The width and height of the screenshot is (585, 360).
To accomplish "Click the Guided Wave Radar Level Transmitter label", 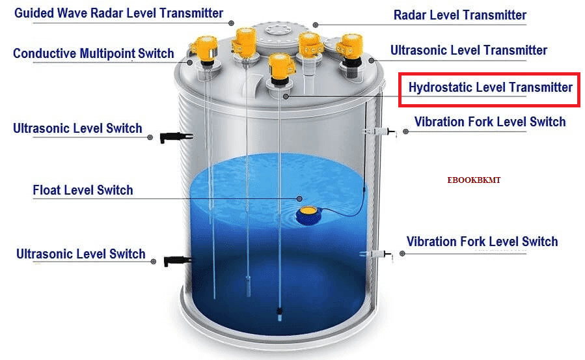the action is (x=118, y=14).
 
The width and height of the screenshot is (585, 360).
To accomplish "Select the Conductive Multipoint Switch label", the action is (x=94, y=54).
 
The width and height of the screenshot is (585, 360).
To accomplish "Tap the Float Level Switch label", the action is (x=83, y=191).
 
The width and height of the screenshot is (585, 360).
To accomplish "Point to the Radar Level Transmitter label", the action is (x=460, y=15).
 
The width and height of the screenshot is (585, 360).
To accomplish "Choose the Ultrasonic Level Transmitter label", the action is (x=469, y=50).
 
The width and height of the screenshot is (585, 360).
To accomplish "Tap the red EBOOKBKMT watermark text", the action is (x=474, y=180).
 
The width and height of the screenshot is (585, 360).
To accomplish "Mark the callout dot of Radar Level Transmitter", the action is (x=316, y=25).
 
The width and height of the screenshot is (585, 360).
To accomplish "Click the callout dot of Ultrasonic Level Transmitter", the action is (x=372, y=61).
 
